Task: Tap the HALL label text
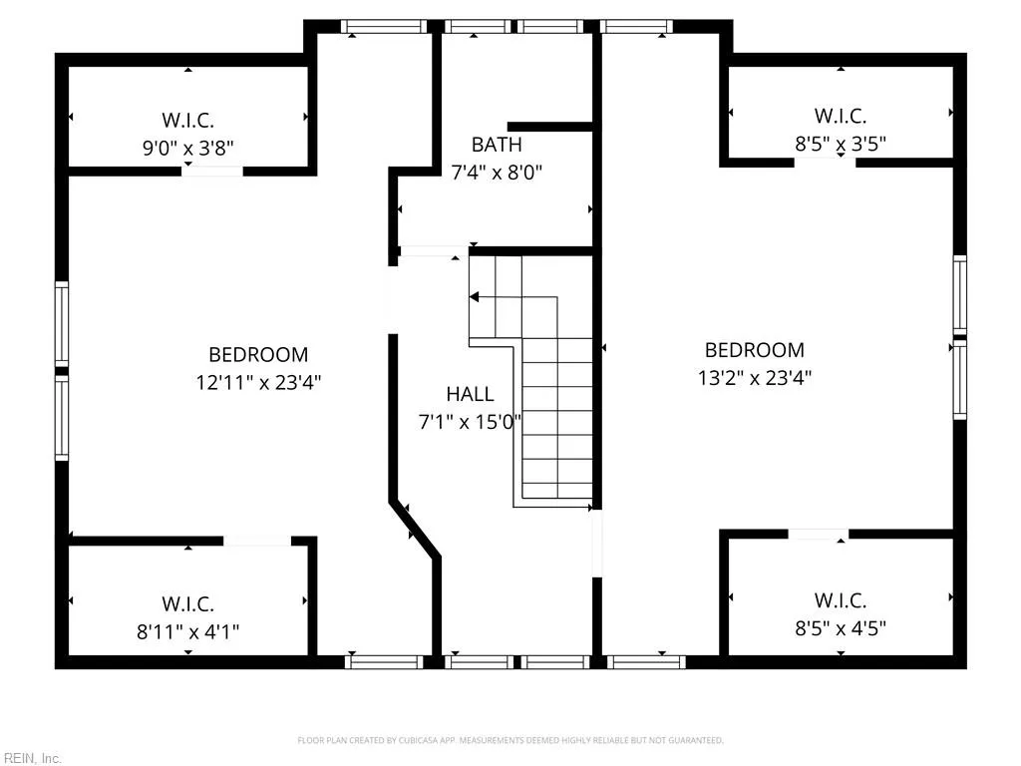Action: coord(470,394)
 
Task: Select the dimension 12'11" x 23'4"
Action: coord(258,381)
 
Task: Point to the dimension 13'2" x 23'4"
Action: coord(754,377)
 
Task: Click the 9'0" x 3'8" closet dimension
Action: coord(187,148)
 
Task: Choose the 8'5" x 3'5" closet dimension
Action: coord(840,144)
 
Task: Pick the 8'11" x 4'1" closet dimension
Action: coord(187,630)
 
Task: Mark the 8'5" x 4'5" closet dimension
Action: coord(840,627)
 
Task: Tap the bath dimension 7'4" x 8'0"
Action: coord(496,172)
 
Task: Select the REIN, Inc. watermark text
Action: coord(31,758)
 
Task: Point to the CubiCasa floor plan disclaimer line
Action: coord(510,740)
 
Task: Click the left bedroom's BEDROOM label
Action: coord(258,354)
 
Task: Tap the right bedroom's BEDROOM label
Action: coord(754,350)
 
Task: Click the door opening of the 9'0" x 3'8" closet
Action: coord(212,172)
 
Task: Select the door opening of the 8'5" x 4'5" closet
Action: coord(818,535)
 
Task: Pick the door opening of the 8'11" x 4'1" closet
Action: coord(256,541)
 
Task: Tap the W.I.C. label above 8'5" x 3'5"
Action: coord(840,116)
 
